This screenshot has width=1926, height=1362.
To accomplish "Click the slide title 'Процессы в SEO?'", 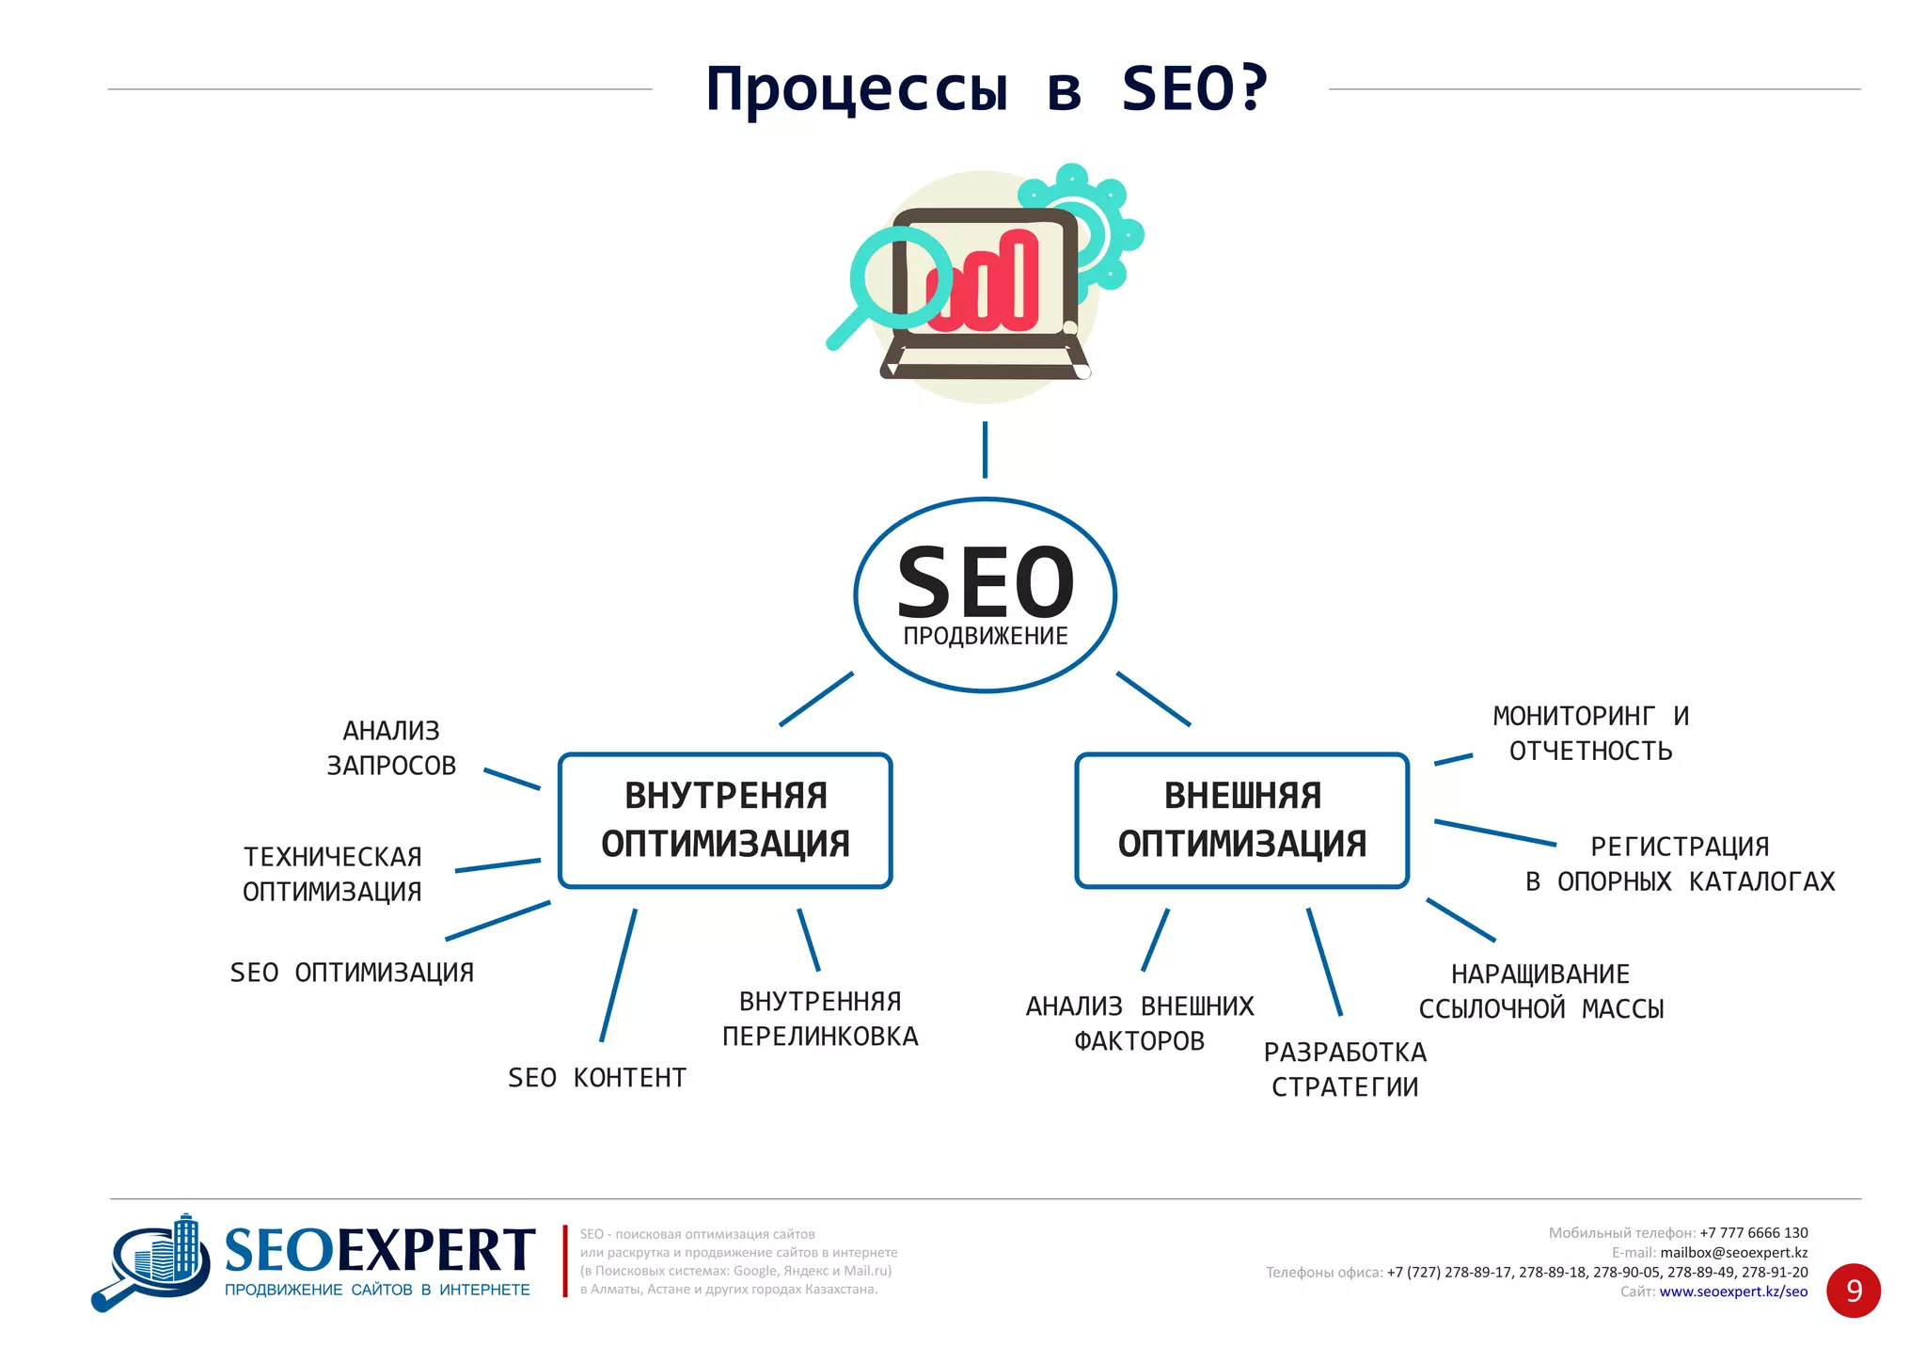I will (987, 89).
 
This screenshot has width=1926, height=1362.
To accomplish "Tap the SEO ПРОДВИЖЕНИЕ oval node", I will (985, 594).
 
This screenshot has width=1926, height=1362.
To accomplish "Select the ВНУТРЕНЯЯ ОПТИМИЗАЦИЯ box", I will (725, 820).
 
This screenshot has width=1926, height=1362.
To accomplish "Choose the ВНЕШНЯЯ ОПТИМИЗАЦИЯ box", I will (1241, 820).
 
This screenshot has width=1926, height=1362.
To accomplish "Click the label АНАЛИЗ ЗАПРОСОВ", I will (391, 748).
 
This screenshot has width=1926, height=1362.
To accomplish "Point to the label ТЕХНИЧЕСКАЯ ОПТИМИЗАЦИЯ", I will (332, 874).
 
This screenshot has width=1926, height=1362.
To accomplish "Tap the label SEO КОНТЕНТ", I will (597, 1078).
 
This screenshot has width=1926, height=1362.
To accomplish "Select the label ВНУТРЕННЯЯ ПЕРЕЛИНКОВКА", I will (820, 1019).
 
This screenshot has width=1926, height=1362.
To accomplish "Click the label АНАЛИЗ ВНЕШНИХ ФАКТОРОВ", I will (1140, 1023).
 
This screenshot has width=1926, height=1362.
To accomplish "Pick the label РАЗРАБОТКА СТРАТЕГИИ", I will (1345, 1069).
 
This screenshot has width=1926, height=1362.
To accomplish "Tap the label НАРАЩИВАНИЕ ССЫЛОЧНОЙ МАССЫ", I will (1540, 991).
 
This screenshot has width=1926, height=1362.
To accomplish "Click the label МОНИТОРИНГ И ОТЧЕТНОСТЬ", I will (1590, 734).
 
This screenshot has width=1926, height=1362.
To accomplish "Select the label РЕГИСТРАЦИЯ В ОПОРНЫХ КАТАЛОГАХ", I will (1680, 864).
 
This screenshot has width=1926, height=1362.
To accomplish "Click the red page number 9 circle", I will (1853, 1291).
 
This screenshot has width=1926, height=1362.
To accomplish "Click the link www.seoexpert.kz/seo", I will (1733, 1291).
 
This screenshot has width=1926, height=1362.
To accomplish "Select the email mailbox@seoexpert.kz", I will (1733, 1252).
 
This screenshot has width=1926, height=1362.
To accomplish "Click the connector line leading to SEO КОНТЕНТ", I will (618, 975).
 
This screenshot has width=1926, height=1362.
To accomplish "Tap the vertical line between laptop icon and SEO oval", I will (985, 450).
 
